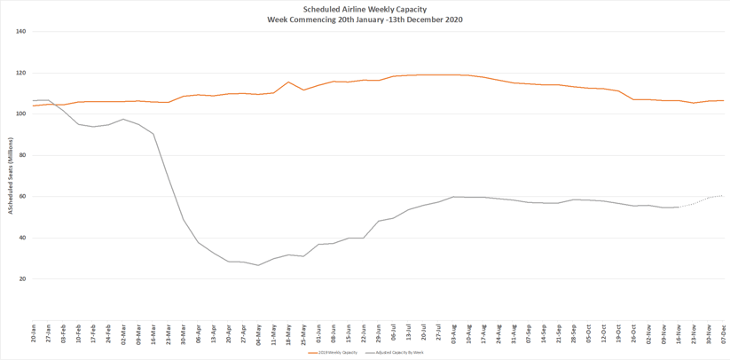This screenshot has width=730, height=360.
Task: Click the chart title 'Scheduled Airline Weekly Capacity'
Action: (365, 9)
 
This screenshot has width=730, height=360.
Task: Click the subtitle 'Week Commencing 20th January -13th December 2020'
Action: (365, 20)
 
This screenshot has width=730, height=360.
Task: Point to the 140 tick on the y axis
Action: (21, 32)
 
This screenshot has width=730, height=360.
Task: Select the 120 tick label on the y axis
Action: (21, 73)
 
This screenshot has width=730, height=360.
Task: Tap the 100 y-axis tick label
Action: (21, 114)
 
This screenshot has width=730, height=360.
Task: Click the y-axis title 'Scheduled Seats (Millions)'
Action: (11, 176)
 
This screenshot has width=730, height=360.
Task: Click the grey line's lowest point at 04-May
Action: (258, 265)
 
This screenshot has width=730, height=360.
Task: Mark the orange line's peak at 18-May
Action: (288, 82)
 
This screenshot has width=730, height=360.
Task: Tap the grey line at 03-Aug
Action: (453, 197)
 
